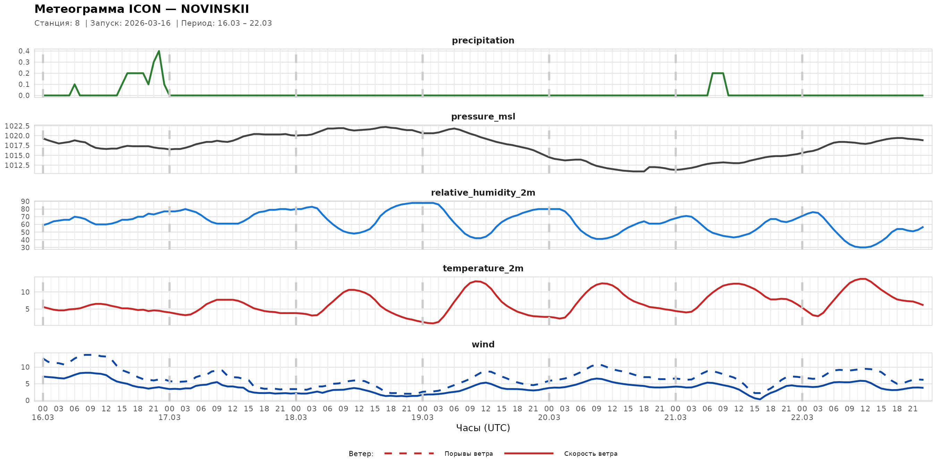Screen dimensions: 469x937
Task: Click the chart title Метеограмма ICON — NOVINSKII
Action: coord(142,9)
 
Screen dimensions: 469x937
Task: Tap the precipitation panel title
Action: coord(483,40)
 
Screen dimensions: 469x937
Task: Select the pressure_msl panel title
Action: coord(483,116)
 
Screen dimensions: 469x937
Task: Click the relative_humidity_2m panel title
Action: coord(483,192)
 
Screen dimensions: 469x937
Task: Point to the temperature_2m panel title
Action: coord(483,268)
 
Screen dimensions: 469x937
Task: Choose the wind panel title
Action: coord(483,345)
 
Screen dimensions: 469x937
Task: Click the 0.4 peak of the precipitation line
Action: coord(159,51)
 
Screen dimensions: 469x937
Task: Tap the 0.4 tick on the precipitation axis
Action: coord(24,51)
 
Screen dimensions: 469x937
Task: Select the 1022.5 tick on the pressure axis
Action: coord(17,126)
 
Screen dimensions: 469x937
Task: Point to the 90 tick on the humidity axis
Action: coord(25,201)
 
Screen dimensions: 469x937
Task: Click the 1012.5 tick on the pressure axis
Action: coord(17,165)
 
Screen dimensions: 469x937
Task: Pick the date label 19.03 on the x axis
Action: coord(422,418)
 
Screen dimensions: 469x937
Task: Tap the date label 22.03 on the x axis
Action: coord(802,418)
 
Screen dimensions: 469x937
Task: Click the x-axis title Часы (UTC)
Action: coord(483,428)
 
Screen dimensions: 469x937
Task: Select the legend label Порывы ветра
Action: coord(468,454)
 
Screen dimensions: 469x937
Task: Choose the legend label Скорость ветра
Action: coord(590,454)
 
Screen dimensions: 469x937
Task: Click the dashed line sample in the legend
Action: coord(409,453)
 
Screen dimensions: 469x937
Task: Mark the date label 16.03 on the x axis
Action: coord(43,418)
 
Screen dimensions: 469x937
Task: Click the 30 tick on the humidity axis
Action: coord(25,248)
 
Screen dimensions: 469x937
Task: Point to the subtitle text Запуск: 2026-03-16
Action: coord(130,23)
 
